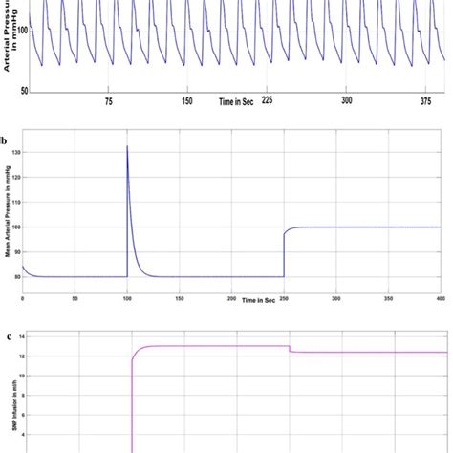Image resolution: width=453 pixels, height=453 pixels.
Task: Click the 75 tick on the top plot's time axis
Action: click(x=108, y=100)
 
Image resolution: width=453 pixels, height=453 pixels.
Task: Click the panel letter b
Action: click(x=5, y=140)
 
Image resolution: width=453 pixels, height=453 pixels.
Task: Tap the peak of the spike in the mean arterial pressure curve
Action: click(x=127, y=146)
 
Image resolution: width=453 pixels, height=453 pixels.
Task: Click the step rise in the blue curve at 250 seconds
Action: click(x=284, y=244)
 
